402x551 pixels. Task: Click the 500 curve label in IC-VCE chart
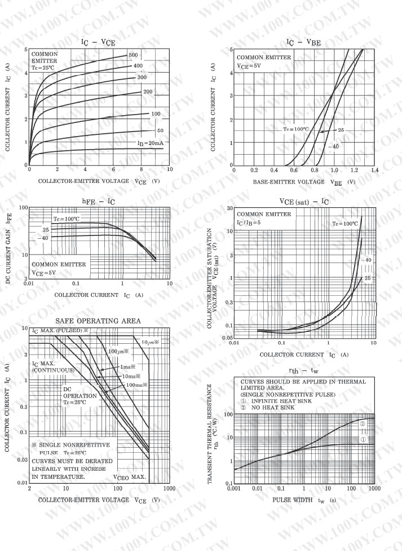133,55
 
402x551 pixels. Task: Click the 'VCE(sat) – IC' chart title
304,202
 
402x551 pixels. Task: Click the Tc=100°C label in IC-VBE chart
296,129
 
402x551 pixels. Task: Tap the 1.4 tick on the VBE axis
374,169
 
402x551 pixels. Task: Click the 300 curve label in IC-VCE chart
142,77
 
